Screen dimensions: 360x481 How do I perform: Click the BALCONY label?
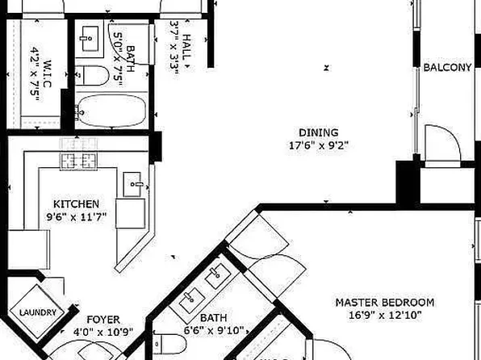click(447, 68)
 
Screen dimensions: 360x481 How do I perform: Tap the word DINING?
click(319, 132)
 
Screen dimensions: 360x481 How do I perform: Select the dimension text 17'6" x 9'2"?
click(319, 146)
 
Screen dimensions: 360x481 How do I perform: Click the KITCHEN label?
click(77, 203)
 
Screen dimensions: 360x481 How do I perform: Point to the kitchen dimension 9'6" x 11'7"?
click(77, 216)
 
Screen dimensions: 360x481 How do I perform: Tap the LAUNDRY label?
click(35, 312)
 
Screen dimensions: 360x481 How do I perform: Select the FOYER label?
click(103, 319)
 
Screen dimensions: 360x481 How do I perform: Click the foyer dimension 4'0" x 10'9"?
click(103, 331)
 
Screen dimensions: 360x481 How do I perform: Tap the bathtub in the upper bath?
click(113, 111)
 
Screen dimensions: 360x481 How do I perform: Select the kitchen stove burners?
click(77, 161)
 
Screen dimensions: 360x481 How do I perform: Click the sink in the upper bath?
click(90, 36)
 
